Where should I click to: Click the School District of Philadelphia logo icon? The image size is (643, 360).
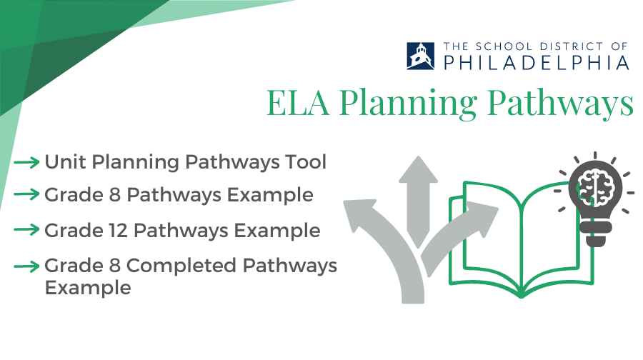[x=420, y=56]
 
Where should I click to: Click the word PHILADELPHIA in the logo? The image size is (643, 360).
[x=537, y=63]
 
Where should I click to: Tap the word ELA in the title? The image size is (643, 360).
[x=298, y=103]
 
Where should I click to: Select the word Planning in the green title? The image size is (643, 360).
[x=408, y=104]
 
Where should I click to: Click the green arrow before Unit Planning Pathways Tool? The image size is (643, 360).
[x=26, y=162]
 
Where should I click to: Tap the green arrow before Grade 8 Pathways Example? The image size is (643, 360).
[x=26, y=194]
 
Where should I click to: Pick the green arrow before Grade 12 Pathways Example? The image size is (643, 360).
[x=26, y=229]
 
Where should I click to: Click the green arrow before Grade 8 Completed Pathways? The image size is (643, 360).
[x=26, y=266]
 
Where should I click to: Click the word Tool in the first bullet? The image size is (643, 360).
[x=306, y=162]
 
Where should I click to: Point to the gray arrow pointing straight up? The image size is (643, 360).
[x=418, y=201]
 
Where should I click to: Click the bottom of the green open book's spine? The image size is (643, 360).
[x=521, y=294]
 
